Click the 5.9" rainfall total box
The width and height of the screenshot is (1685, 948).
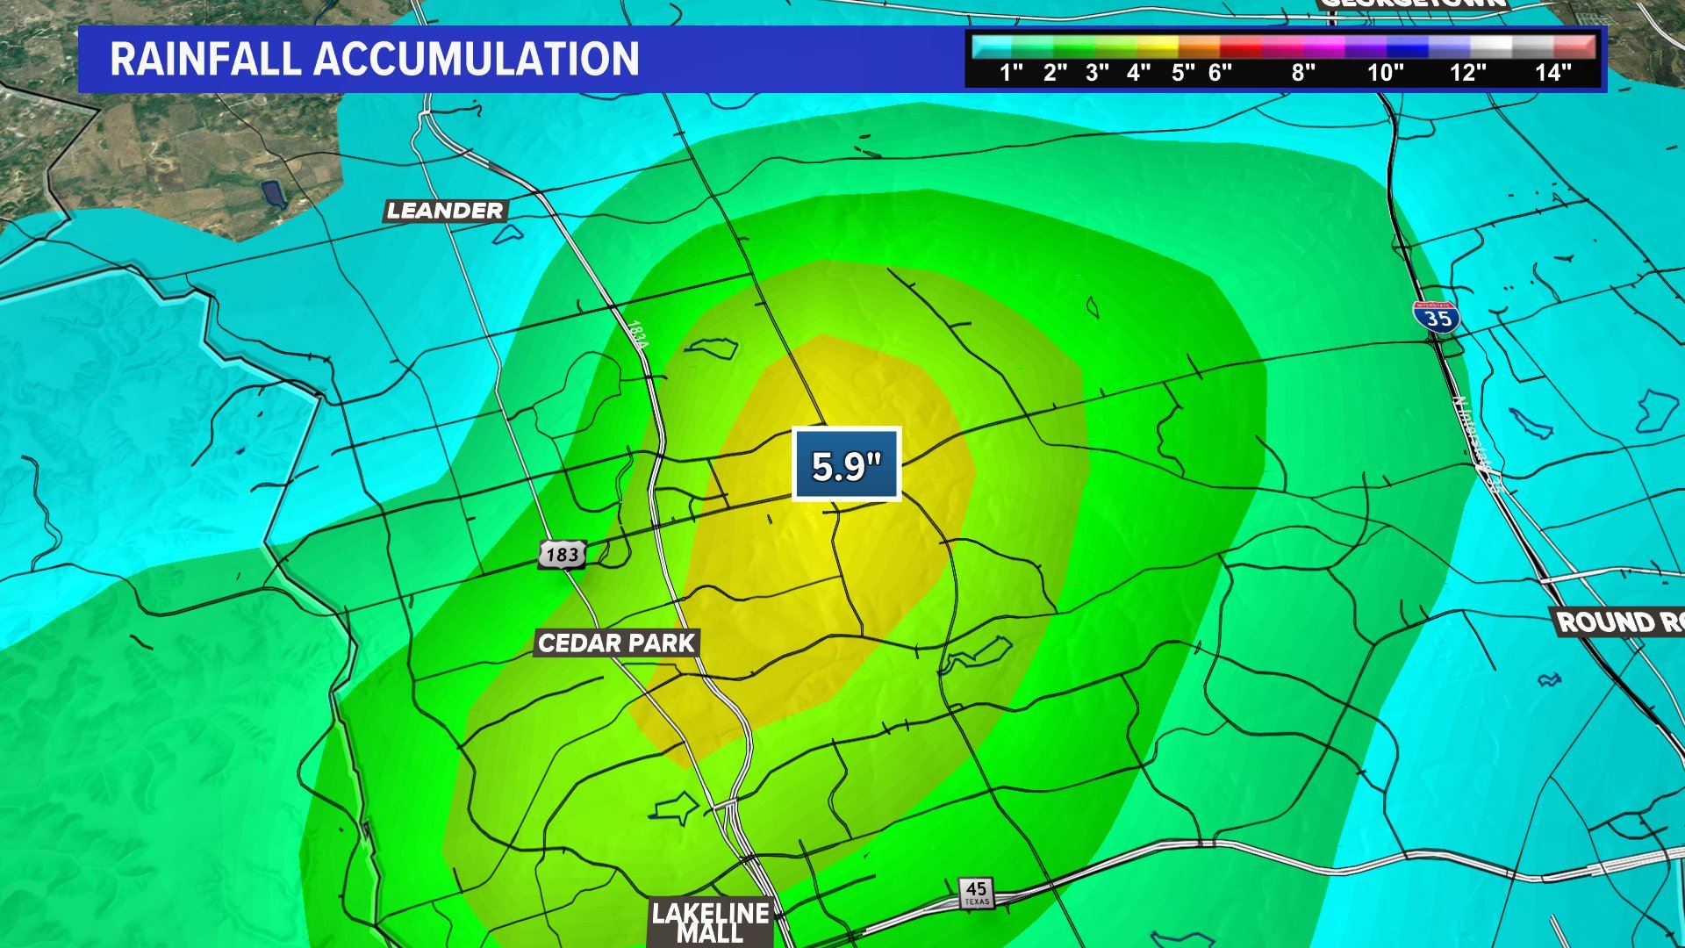tap(846, 465)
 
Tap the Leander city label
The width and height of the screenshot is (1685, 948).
tap(445, 211)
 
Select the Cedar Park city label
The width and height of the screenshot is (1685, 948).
tap(617, 643)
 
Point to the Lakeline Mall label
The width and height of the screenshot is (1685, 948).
tap(710, 923)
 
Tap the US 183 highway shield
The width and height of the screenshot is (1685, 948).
tap(562, 554)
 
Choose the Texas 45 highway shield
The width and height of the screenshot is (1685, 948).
tap(976, 892)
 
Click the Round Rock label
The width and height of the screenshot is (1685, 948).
tap(1619, 622)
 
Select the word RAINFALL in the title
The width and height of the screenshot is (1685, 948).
tap(205, 59)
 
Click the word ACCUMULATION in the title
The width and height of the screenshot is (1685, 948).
tap(477, 59)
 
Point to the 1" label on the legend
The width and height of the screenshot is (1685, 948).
tap(1012, 73)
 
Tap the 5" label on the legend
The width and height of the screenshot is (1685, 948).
tap(1183, 73)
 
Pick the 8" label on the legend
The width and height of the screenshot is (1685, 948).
tap(1303, 73)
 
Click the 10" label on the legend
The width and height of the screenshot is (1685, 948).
tap(1386, 73)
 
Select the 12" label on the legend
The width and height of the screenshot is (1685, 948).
tap(1468, 73)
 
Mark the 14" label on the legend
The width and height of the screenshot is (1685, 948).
tap(1552, 73)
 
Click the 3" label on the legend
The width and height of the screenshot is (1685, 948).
tap(1097, 73)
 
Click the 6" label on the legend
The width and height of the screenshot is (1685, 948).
tap(1220, 73)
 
